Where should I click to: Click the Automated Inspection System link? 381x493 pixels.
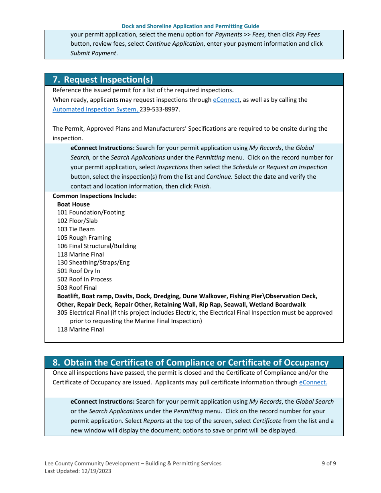(95, 109)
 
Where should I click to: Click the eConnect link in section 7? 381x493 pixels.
(226, 100)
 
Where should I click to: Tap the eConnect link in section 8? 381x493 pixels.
(313, 382)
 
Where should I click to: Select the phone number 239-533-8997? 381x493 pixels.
(160, 109)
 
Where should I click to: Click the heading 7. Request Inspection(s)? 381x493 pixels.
(103, 79)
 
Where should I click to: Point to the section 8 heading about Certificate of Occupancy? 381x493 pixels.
(190, 362)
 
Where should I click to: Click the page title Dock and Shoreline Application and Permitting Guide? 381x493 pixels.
(190, 26)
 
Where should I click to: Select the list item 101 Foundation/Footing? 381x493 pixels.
(91, 212)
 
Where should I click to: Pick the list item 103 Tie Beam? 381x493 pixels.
(76, 229)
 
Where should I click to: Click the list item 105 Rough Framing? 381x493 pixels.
(84, 238)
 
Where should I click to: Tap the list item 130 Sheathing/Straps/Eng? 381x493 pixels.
(93, 263)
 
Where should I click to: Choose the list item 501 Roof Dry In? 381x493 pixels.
(79, 271)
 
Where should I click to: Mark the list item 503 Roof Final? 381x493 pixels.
(77, 288)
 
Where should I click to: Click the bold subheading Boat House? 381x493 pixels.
(73, 204)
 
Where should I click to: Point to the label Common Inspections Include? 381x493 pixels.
(95, 196)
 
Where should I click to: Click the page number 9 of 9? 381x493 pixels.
(328, 463)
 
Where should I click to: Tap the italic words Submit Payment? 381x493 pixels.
(93, 53)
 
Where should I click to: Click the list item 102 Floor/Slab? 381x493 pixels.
(77, 221)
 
